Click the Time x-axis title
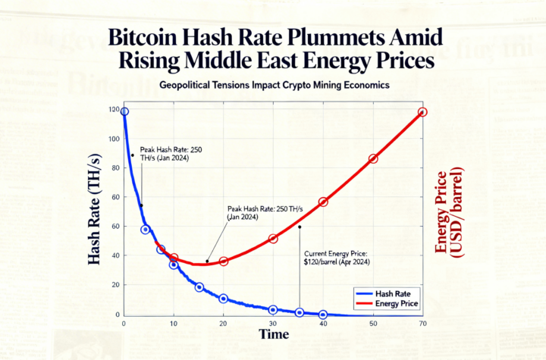pyautogui.click(x=274, y=334)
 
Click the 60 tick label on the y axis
pyautogui.click(x=116, y=227)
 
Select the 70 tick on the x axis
pyautogui.click(x=422, y=324)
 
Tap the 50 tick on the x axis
pyautogui.click(x=373, y=324)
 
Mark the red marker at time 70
pyautogui.click(x=422, y=112)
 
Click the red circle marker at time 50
pyautogui.click(x=373, y=158)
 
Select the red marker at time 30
pyautogui.click(x=273, y=239)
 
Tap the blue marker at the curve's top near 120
pyautogui.click(x=124, y=111)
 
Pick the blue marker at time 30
pyautogui.click(x=273, y=309)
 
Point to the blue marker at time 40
pyautogui.click(x=323, y=314)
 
